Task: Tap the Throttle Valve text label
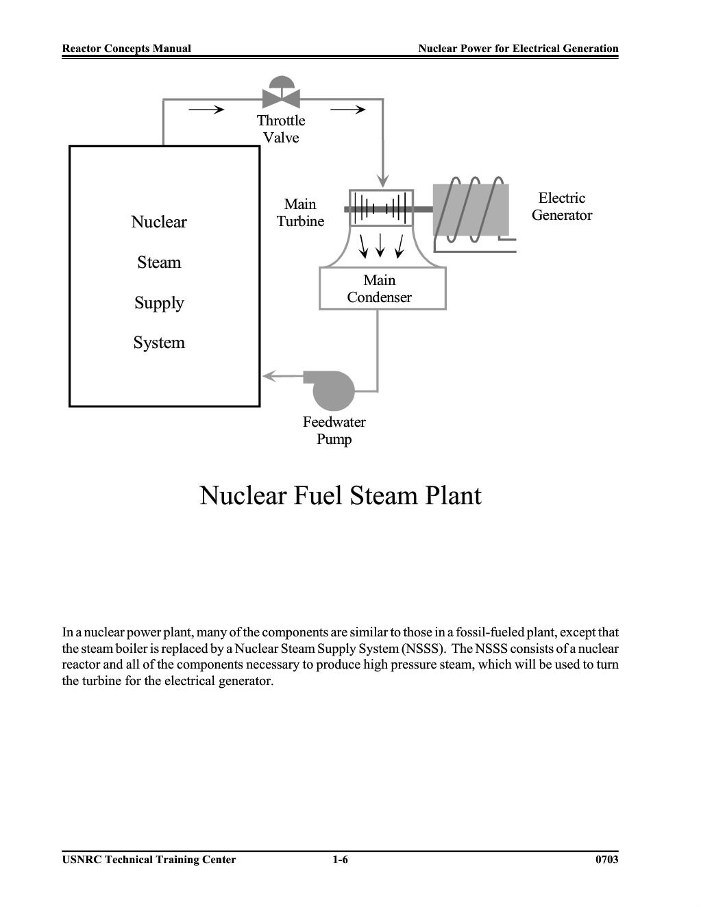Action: click(281, 129)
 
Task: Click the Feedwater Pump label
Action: click(334, 430)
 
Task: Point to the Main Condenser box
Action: click(382, 288)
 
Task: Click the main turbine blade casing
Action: click(381, 208)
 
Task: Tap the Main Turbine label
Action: click(300, 212)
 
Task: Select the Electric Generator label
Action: click(561, 206)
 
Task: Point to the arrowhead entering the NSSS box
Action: click(269, 376)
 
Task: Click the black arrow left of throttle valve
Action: click(206, 110)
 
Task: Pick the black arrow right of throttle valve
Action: click(348, 110)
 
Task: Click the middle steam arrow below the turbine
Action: click(380, 245)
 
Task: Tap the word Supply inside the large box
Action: click(159, 303)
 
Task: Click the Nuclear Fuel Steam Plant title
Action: click(341, 495)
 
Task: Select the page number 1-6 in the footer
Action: click(341, 860)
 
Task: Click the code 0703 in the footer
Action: click(607, 860)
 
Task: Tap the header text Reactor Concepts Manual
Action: click(127, 49)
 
